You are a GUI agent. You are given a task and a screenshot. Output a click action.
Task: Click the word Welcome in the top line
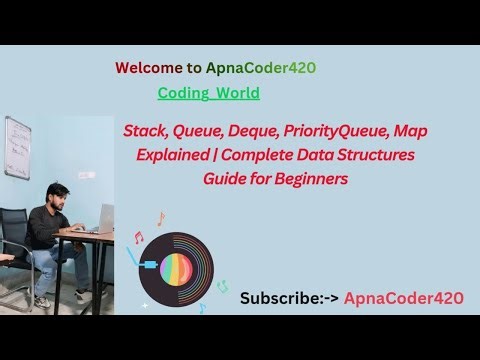(x=147, y=68)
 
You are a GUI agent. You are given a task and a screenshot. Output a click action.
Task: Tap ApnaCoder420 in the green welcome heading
(x=262, y=68)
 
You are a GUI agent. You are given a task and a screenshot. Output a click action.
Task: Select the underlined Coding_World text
(x=208, y=93)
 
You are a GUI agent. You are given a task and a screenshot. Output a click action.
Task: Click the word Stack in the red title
(x=145, y=131)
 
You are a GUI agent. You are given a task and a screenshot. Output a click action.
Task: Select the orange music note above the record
(x=160, y=218)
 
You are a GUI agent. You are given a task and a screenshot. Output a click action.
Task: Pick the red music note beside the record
(x=139, y=238)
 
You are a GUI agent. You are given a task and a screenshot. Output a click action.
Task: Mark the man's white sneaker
(x=42, y=300)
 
